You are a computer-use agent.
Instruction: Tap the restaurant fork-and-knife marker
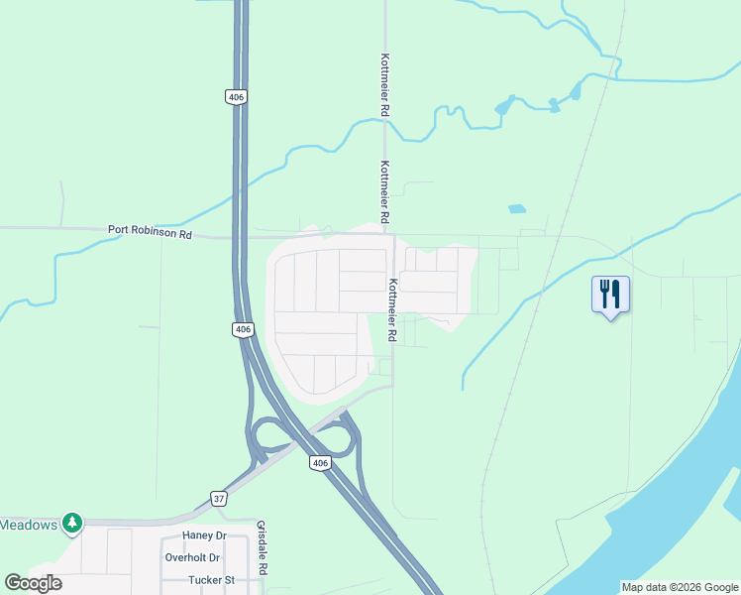tap(610, 295)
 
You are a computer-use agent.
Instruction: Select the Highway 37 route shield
tap(218, 498)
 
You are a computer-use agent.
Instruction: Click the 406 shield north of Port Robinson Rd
tap(234, 96)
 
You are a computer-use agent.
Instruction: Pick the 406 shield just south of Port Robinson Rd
tap(243, 329)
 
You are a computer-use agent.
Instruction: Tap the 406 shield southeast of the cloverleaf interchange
tap(318, 463)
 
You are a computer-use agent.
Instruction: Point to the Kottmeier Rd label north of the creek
tap(383, 84)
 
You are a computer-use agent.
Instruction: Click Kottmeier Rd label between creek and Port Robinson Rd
tap(383, 191)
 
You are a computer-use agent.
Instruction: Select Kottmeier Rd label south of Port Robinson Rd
tap(392, 310)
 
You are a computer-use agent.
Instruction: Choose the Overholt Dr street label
tap(192, 557)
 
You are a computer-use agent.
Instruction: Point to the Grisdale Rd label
tap(263, 547)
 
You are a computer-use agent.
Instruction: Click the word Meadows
tap(29, 524)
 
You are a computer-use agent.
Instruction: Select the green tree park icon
tap(71, 522)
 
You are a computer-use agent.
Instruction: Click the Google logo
tap(33, 583)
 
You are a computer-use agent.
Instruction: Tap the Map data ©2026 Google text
tap(680, 587)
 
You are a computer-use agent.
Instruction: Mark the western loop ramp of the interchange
tap(266, 436)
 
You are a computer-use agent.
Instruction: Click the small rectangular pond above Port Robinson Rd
tap(515, 209)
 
